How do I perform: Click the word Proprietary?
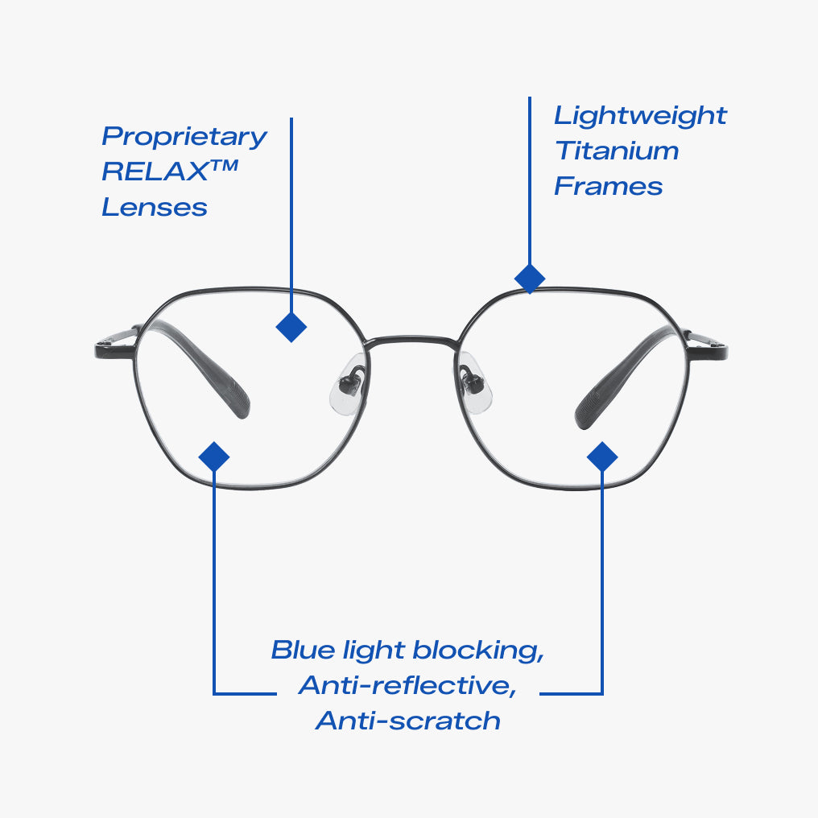click(x=184, y=137)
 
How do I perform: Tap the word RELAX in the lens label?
click(x=155, y=171)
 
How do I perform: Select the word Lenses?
click(x=155, y=207)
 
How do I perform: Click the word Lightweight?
click(x=640, y=116)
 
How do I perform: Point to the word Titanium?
click(x=617, y=151)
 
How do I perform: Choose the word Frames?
click(x=609, y=186)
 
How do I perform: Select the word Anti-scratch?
click(x=408, y=721)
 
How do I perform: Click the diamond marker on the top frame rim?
click(x=530, y=279)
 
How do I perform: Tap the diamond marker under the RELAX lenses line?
click(x=291, y=327)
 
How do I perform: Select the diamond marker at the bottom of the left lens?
click(x=214, y=457)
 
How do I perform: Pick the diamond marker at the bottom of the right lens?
click(x=602, y=457)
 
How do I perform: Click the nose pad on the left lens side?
click(x=349, y=383)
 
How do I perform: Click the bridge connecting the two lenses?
click(x=411, y=340)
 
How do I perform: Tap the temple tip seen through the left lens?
click(x=238, y=401)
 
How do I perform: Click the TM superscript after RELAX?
click(x=225, y=165)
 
